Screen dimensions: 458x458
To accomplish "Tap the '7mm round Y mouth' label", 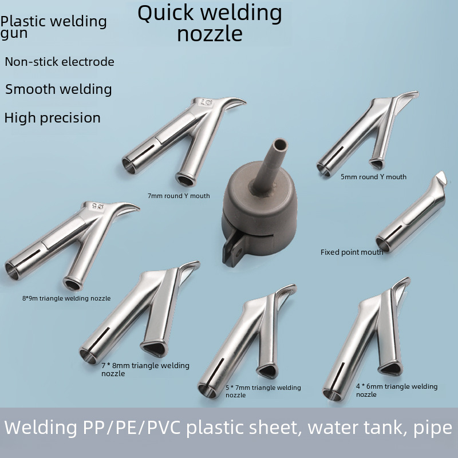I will pyautogui.click(x=179, y=196).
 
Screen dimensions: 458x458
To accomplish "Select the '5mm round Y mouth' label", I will pyautogui.click(x=373, y=177).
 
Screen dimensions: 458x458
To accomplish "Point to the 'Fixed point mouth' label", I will pyautogui.click(x=352, y=252).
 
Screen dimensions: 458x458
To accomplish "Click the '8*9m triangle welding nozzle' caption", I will pyautogui.click(x=66, y=298).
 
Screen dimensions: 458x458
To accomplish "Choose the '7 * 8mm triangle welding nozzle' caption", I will pyautogui.click(x=145, y=369).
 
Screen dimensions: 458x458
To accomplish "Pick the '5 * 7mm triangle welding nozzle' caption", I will pyautogui.click(x=263, y=391).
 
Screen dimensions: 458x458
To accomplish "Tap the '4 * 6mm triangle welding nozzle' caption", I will pyautogui.click(x=396, y=390).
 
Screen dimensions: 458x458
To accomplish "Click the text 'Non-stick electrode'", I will pyautogui.click(x=60, y=62).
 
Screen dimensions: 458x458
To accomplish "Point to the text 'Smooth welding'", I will pyautogui.click(x=58, y=89).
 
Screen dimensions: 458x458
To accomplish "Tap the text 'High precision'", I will pyautogui.click(x=53, y=119).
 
